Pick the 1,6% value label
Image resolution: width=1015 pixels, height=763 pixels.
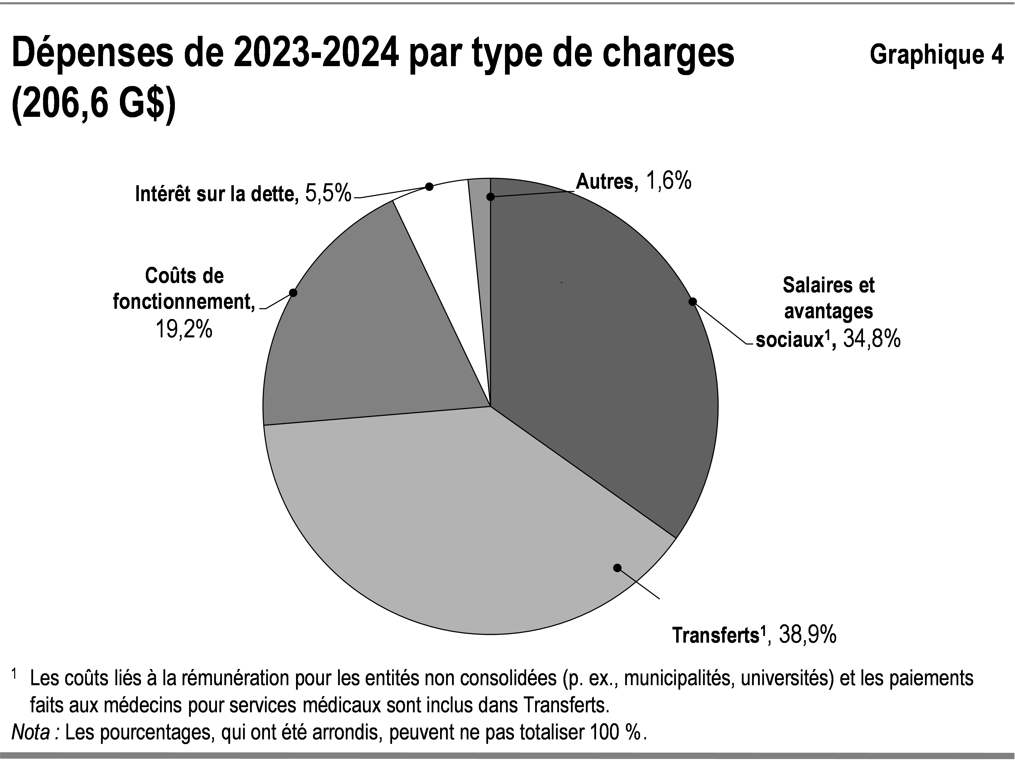tap(668, 181)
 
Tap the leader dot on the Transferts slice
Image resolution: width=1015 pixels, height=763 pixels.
tap(618, 568)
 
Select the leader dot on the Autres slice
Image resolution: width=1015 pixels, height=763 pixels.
tap(491, 197)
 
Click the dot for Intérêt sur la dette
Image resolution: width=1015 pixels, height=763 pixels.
tap(429, 187)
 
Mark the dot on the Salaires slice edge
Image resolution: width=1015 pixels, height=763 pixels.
tap(693, 301)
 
